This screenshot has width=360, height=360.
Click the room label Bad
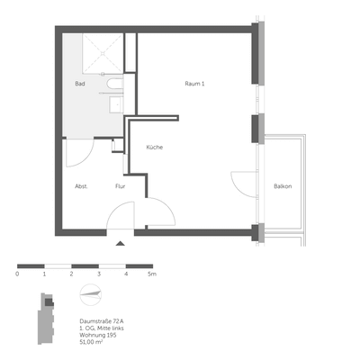pyautogui.click(x=80, y=84)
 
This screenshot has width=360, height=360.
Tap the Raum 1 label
pyautogui.click(x=195, y=84)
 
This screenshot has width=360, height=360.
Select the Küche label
pyautogui.click(x=153, y=147)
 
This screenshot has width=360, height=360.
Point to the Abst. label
pyautogui.click(x=80, y=186)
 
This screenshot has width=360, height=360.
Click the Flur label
pyautogui.click(x=120, y=186)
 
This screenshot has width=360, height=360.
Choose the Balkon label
pyautogui.click(x=283, y=186)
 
